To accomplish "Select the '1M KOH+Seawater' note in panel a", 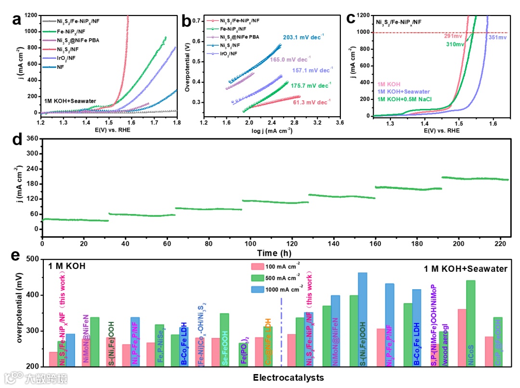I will pos(70,101).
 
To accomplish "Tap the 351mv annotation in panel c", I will pos(497,37).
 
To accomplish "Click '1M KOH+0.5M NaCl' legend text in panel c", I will pos(411,99).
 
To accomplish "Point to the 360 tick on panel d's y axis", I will pos(31,138).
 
